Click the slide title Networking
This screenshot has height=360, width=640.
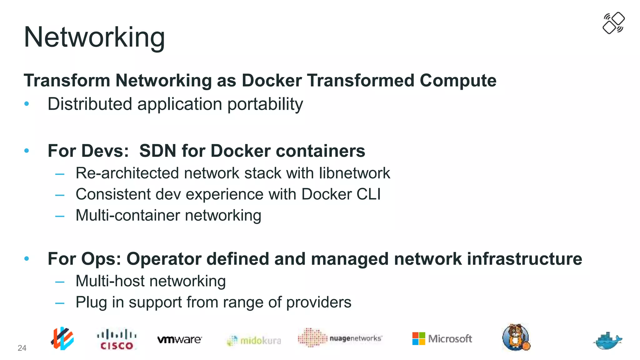(x=94, y=37)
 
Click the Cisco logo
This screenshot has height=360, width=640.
(x=117, y=339)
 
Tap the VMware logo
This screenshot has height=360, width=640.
(x=179, y=339)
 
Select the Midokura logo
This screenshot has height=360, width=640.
(x=254, y=340)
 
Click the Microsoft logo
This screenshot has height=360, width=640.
(x=442, y=338)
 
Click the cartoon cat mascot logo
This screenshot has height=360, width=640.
(x=516, y=337)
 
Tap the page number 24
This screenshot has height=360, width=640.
(x=22, y=348)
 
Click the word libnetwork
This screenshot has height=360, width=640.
(x=354, y=173)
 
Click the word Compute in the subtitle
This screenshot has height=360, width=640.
(x=458, y=81)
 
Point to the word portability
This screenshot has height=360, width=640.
(x=265, y=104)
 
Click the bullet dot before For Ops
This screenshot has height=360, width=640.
(x=27, y=258)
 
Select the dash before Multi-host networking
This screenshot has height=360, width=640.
(x=60, y=282)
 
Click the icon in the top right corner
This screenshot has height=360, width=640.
(x=613, y=23)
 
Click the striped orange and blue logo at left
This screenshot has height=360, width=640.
(x=62, y=338)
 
